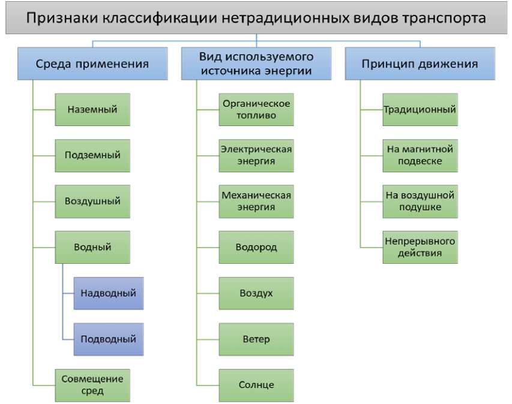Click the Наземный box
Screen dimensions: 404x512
click(x=92, y=109)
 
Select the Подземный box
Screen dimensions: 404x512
click(x=92, y=155)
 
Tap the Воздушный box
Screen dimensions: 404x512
click(x=92, y=201)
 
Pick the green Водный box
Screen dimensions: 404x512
click(x=92, y=246)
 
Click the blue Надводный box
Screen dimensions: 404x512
click(x=109, y=293)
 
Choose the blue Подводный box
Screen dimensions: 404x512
click(x=109, y=339)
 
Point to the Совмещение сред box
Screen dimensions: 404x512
click(x=92, y=385)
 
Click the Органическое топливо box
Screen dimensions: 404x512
click(x=256, y=109)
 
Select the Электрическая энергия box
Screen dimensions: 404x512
click(x=256, y=155)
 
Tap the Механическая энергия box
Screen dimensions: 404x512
click(x=256, y=201)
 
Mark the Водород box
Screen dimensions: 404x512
click(x=256, y=246)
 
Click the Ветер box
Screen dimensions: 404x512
click(x=256, y=339)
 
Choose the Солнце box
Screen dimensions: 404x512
click(x=256, y=385)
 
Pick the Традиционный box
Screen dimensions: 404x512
click(x=420, y=109)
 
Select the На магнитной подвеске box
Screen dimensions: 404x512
click(x=420, y=155)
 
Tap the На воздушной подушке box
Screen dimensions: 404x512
click(x=420, y=201)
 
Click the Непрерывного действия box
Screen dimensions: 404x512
click(x=420, y=246)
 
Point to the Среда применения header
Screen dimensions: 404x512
click(x=92, y=64)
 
